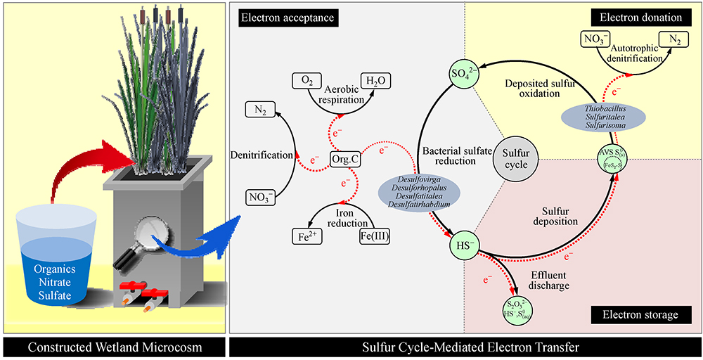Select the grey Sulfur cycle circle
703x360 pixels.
pos(515,155)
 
